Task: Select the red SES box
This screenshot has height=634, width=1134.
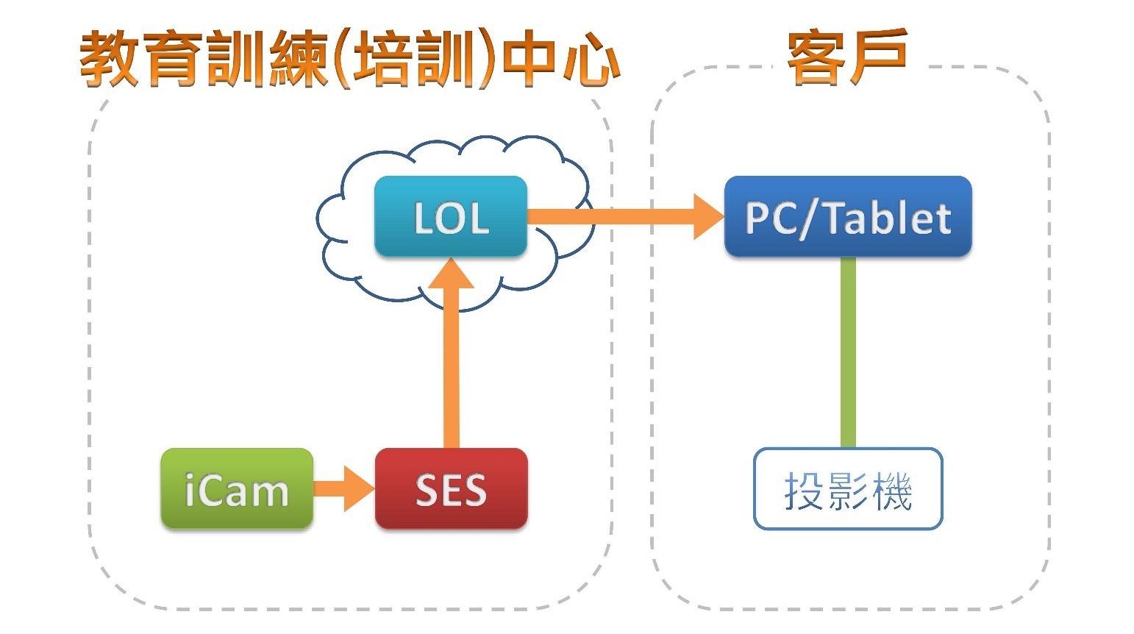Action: point(451,488)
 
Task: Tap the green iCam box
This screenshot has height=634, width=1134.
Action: point(237,488)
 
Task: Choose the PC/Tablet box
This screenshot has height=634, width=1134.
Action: point(847,216)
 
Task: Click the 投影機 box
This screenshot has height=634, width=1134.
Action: point(847,489)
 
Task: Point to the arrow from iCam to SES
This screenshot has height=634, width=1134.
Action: point(343,489)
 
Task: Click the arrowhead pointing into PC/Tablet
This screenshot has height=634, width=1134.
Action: point(707,216)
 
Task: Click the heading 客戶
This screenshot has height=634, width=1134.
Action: point(847,57)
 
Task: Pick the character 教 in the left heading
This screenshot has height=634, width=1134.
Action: point(109,59)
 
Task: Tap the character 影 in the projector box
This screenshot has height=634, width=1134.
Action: point(848,491)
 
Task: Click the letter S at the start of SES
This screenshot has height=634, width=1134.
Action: point(427,490)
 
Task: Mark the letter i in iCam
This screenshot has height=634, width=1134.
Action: point(190,489)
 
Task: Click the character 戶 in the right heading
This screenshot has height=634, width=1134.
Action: point(878,57)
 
